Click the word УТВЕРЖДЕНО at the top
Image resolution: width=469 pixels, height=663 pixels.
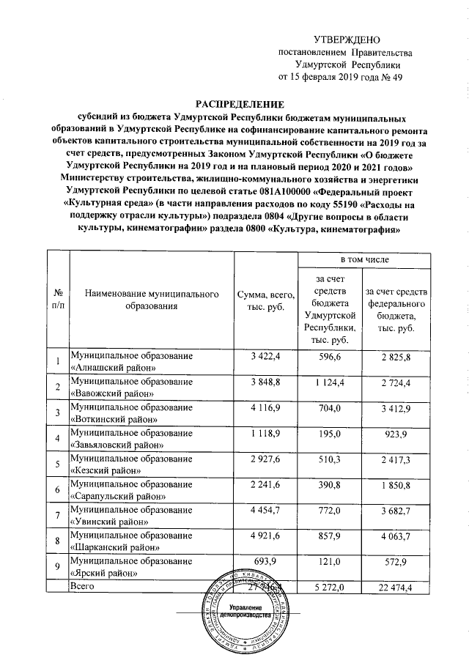(346, 39)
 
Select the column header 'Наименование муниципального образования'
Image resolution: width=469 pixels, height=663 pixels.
(152, 300)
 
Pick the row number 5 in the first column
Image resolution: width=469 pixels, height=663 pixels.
(57, 465)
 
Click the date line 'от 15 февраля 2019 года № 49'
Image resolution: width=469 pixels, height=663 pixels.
(340, 77)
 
